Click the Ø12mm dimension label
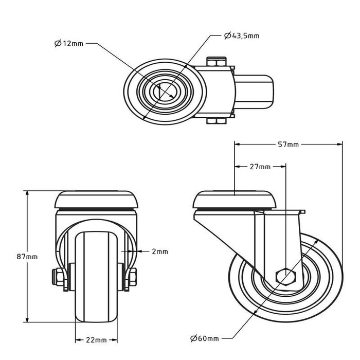tap(68, 44)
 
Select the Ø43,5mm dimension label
tap(242, 35)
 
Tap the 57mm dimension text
tap(288, 145)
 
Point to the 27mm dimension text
tap(260, 167)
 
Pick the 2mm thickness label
tap(160, 251)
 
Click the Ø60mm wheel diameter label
tap(204, 338)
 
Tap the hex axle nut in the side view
tap(284, 276)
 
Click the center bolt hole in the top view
tap(165, 91)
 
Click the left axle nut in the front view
tap(60, 278)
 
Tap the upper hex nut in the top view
tap(216, 62)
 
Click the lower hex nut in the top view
tap(216, 121)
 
